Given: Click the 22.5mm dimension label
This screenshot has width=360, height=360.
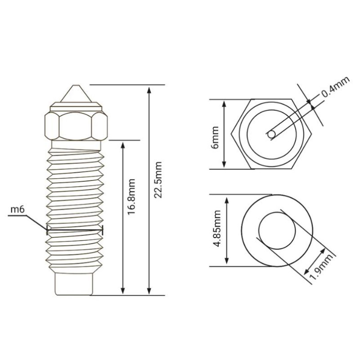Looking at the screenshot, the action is [x=158, y=180].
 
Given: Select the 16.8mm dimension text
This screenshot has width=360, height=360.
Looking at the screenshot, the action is [x=131, y=197].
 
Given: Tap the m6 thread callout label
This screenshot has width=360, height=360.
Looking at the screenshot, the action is [x=18, y=210].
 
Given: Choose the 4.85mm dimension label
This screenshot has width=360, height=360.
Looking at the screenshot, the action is [x=217, y=229].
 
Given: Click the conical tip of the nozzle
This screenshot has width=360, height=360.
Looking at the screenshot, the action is [x=76, y=94].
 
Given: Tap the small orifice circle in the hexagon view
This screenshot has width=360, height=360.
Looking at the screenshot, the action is [x=271, y=135].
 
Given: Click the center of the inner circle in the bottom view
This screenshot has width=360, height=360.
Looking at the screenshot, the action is [x=277, y=230].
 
